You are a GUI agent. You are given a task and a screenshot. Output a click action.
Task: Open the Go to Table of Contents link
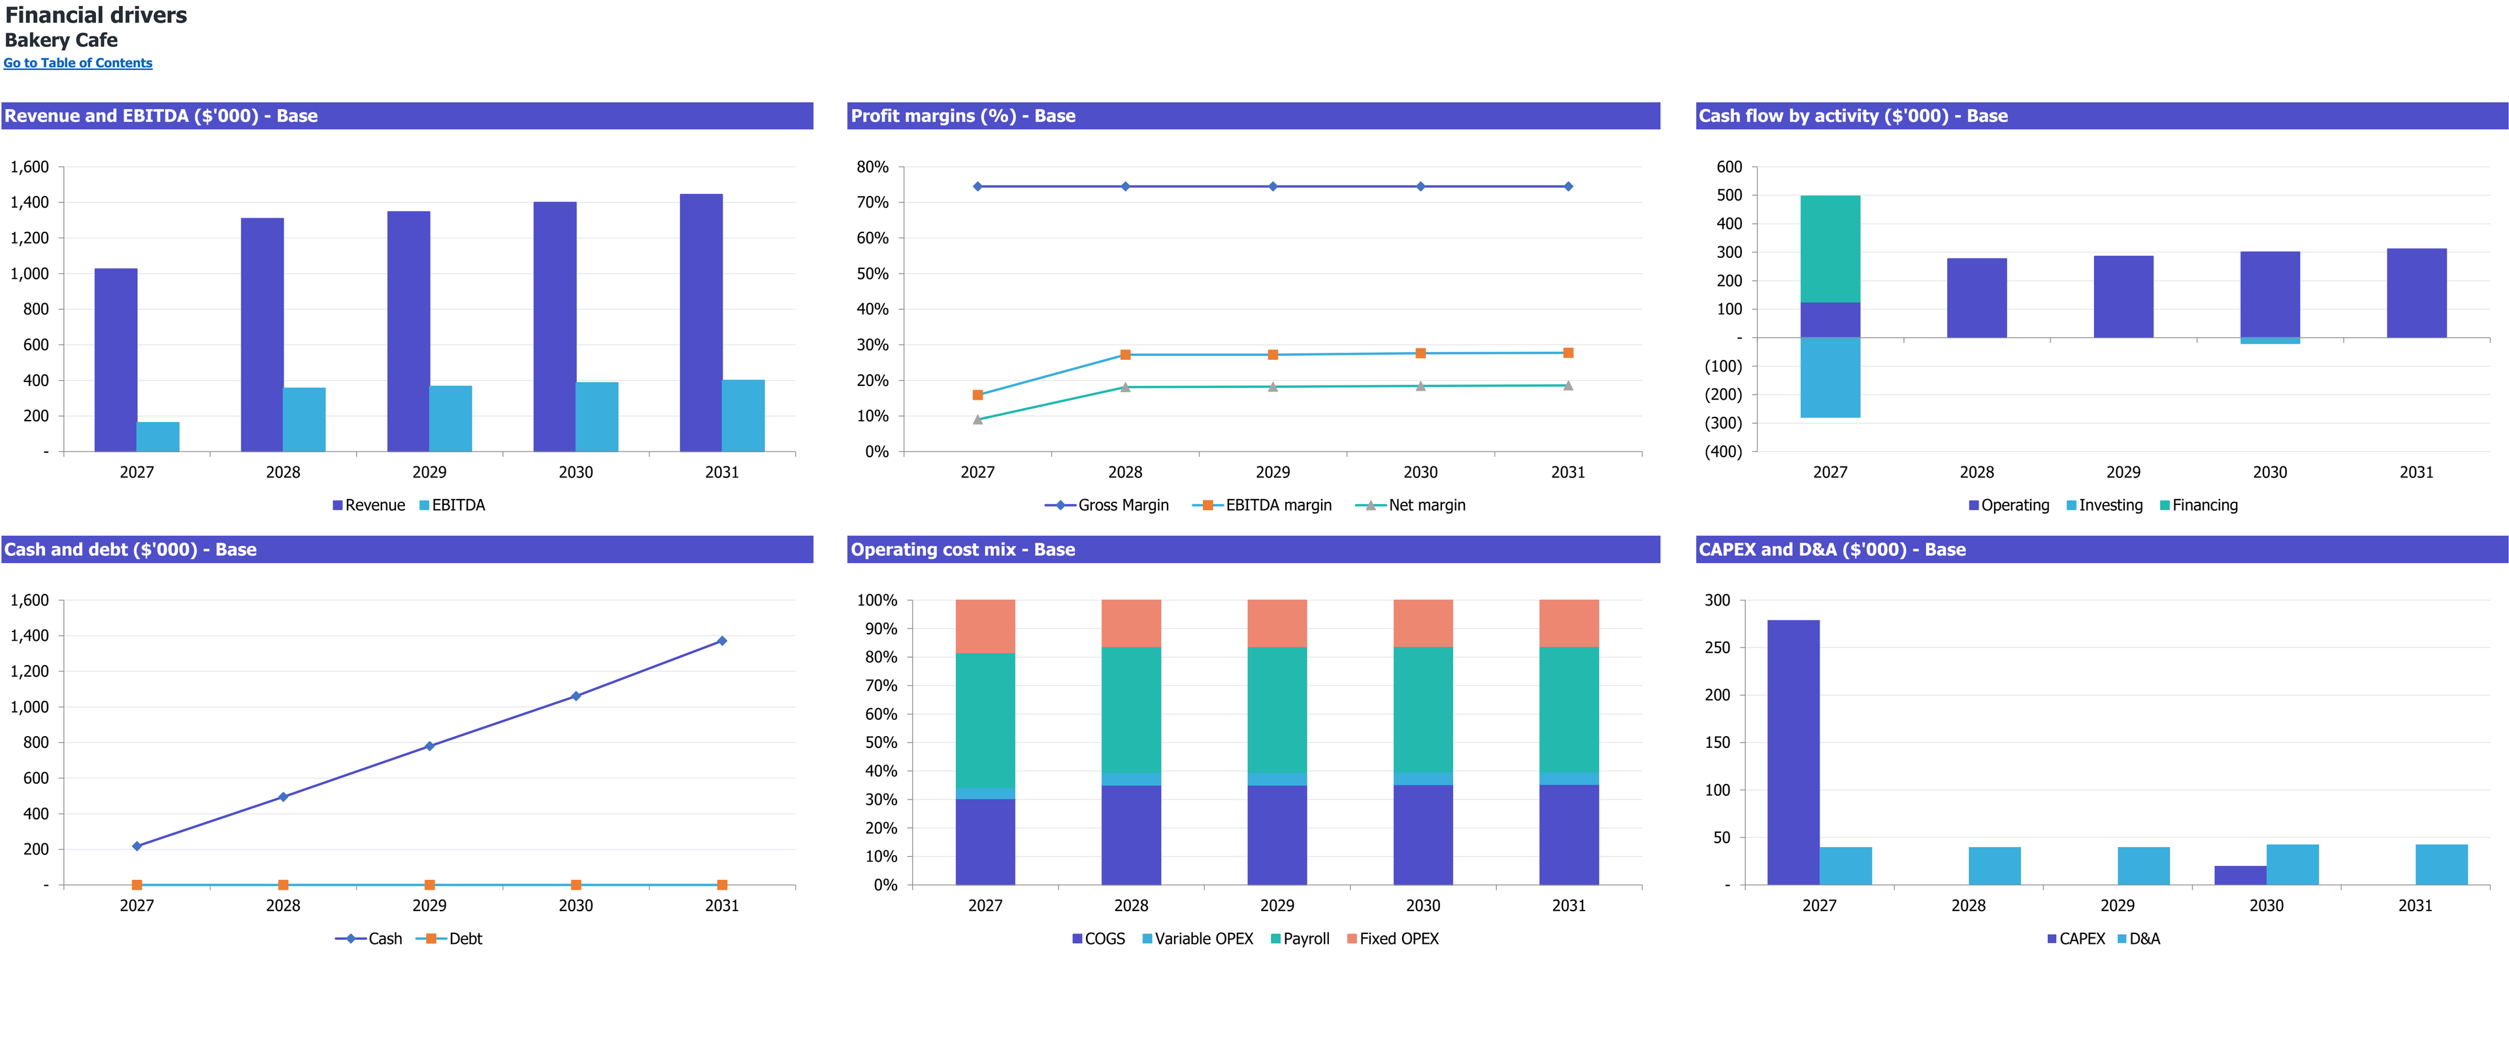click(x=78, y=63)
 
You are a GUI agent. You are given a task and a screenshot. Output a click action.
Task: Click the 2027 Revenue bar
click(x=116, y=359)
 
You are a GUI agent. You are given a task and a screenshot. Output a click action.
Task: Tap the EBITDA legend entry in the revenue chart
click(x=452, y=504)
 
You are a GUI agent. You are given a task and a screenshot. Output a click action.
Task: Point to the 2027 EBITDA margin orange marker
click(x=978, y=395)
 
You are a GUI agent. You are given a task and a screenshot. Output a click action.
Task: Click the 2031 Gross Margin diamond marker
click(x=1568, y=186)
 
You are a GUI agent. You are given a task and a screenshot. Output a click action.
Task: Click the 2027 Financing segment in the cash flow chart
click(x=1830, y=250)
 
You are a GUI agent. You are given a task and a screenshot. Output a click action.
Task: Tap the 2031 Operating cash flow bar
click(x=2416, y=293)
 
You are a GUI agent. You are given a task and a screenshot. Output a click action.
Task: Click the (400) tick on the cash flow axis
click(x=1723, y=452)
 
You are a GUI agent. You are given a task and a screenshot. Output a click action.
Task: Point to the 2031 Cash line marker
click(x=722, y=641)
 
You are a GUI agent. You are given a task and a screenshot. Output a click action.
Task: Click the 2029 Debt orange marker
click(x=429, y=884)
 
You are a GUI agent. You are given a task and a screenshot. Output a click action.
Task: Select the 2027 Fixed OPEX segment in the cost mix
click(x=985, y=626)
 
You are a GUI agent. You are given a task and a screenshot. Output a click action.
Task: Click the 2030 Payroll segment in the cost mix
click(x=1423, y=710)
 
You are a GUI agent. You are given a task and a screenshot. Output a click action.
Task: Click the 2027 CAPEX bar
click(x=1793, y=752)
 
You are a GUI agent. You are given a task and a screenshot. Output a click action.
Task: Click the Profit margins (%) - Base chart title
click(x=963, y=116)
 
